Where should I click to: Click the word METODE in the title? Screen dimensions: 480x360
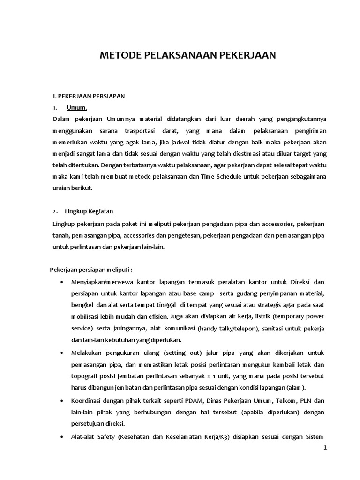tap(118, 56)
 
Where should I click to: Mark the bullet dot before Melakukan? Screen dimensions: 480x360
tap(63, 352)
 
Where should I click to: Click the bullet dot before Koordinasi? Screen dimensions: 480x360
tap(63, 401)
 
